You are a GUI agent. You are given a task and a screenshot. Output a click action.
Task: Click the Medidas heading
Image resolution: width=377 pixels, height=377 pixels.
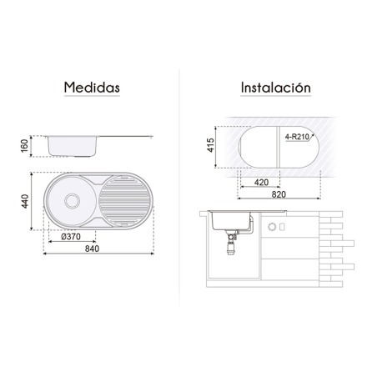pos(92,88)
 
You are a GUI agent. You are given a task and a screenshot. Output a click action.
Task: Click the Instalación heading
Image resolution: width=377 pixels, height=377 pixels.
pos(275,88)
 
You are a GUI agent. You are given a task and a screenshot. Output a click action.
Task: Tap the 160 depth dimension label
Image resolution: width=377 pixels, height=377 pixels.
pos(24,146)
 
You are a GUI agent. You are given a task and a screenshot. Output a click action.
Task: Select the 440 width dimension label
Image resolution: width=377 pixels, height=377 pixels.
pos(25,201)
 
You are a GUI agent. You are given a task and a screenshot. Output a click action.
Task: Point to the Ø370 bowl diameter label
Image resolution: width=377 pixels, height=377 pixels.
pos(71,237)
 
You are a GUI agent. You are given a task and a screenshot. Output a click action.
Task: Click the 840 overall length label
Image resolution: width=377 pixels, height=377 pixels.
pos(92,249)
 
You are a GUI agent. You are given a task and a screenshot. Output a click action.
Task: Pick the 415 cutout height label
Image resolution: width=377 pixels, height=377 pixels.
pos(210,145)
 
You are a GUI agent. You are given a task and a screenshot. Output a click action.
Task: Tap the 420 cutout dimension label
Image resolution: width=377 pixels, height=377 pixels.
pos(261,183)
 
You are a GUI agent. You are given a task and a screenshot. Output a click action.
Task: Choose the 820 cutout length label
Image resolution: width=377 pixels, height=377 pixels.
pos(279,194)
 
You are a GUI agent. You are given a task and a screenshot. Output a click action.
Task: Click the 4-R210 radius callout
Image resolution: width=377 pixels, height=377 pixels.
pos(297,137)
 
